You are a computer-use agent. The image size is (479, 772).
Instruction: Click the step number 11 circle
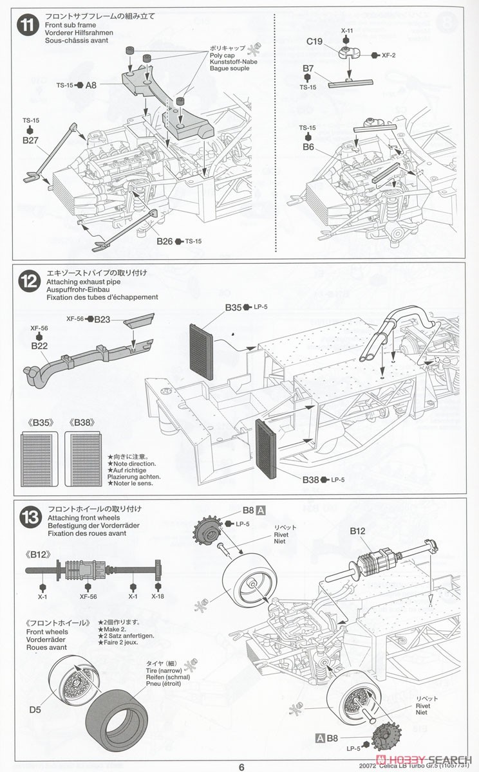[x=26, y=26]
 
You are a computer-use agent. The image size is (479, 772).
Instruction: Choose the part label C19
[x=315, y=41]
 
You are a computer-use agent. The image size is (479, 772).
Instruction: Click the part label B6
[x=308, y=147]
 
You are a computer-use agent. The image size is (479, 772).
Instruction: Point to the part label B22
[x=40, y=345]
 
